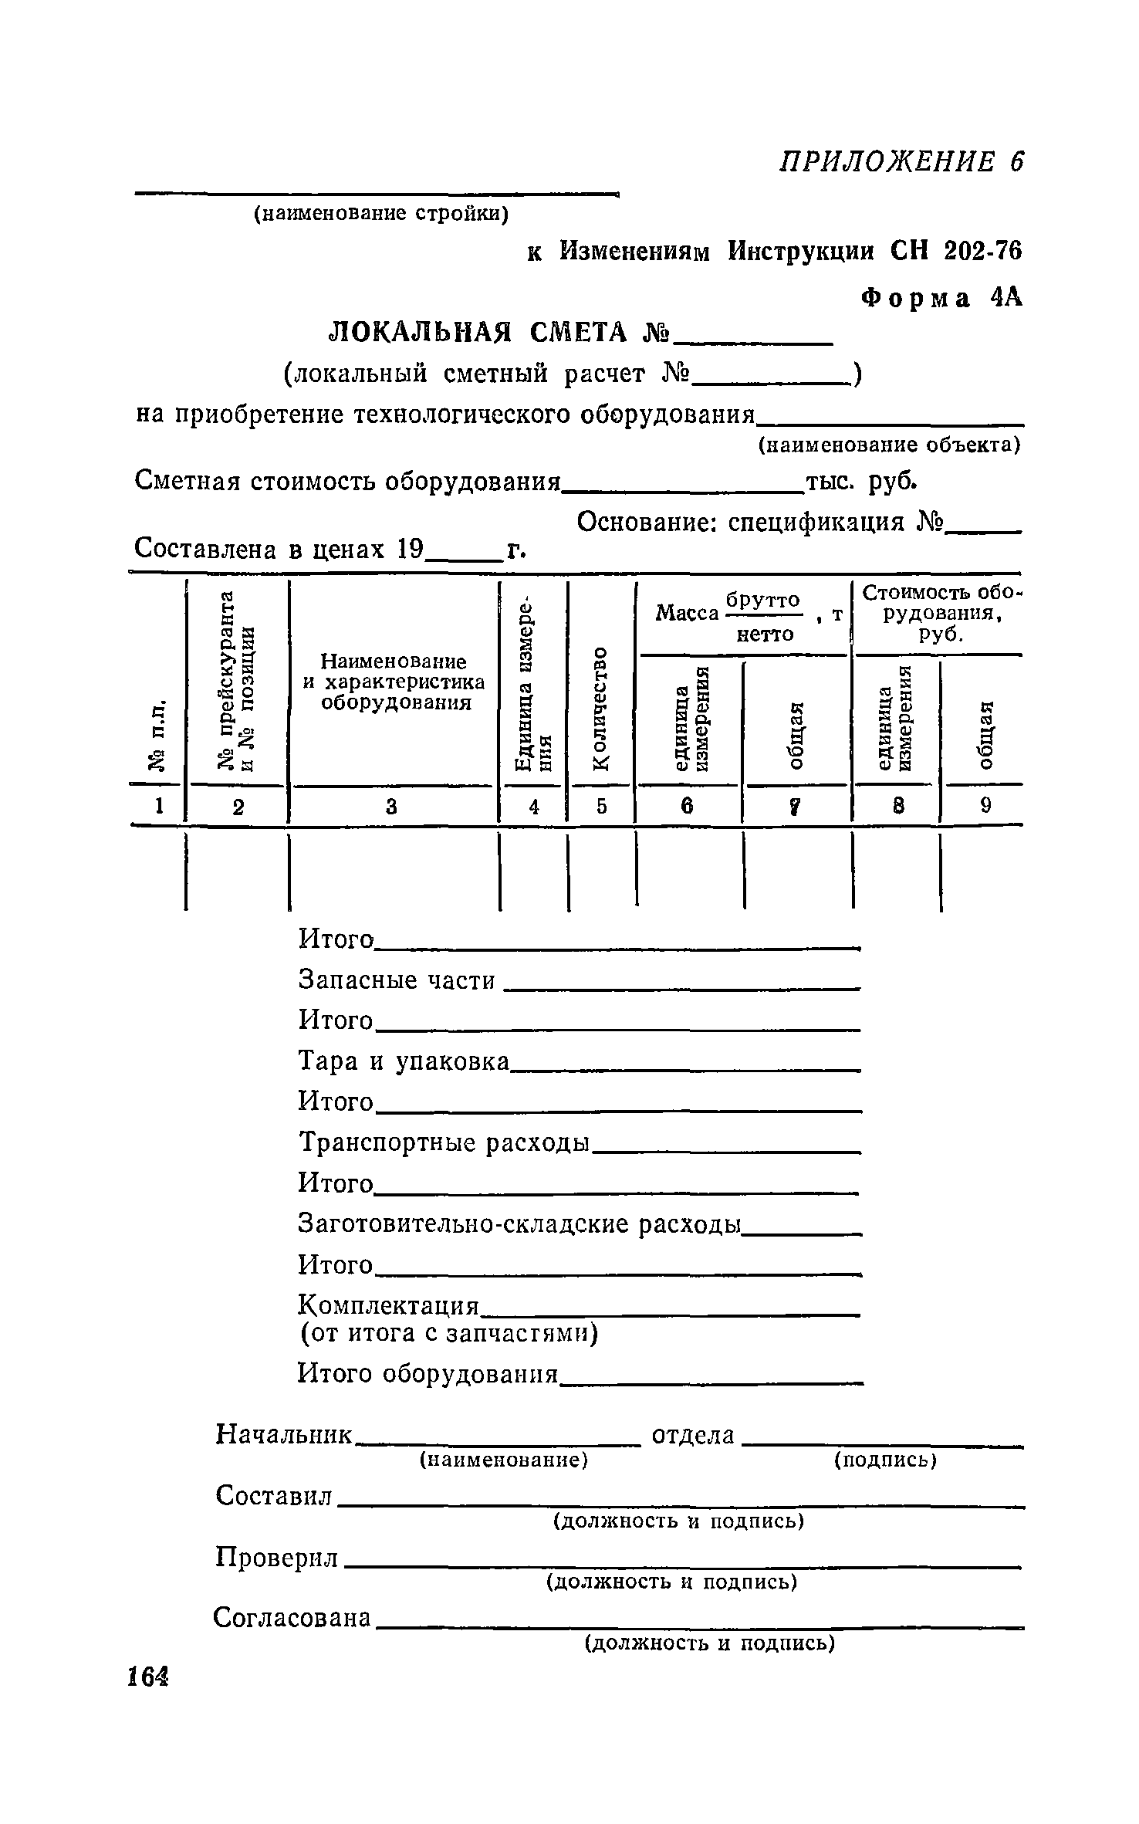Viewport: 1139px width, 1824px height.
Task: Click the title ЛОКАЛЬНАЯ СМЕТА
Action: (x=498, y=333)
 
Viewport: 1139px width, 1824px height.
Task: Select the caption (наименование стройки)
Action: (x=381, y=214)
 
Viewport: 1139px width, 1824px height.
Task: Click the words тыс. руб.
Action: (x=861, y=482)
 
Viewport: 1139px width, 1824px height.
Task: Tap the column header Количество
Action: (x=600, y=708)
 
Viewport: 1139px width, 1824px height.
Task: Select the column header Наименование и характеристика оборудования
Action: (x=394, y=682)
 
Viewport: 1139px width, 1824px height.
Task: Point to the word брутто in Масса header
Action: (x=763, y=600)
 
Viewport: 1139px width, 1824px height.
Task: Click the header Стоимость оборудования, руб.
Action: (x=939, y=614)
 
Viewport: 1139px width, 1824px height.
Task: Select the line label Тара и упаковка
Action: (x=404, y=1062)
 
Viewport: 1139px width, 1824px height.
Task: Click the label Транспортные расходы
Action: (x=444, y=1143)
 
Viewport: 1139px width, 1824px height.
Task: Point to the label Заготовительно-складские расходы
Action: (x=519, y=1224)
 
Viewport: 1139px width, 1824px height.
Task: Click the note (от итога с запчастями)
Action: (x=448, y=1334)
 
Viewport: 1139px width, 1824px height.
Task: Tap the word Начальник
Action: (x=283, y=1434)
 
